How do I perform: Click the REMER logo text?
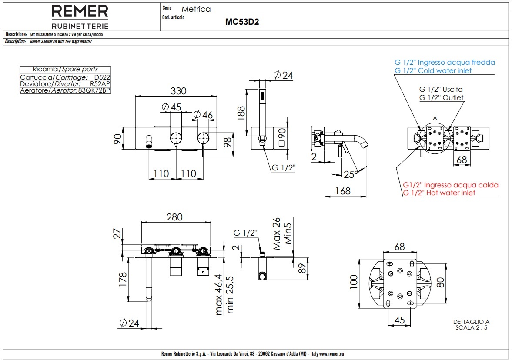click(80, 11)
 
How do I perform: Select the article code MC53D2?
click(242, 23)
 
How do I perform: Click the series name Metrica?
click(196, 9)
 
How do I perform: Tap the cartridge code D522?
click(102, 77)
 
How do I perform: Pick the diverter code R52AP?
click(100, 83)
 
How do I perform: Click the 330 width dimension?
click(178, 91)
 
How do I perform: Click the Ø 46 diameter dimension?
click(203, 115)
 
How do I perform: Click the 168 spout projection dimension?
click(343, 191)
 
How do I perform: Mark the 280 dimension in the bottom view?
click(175, 217)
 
